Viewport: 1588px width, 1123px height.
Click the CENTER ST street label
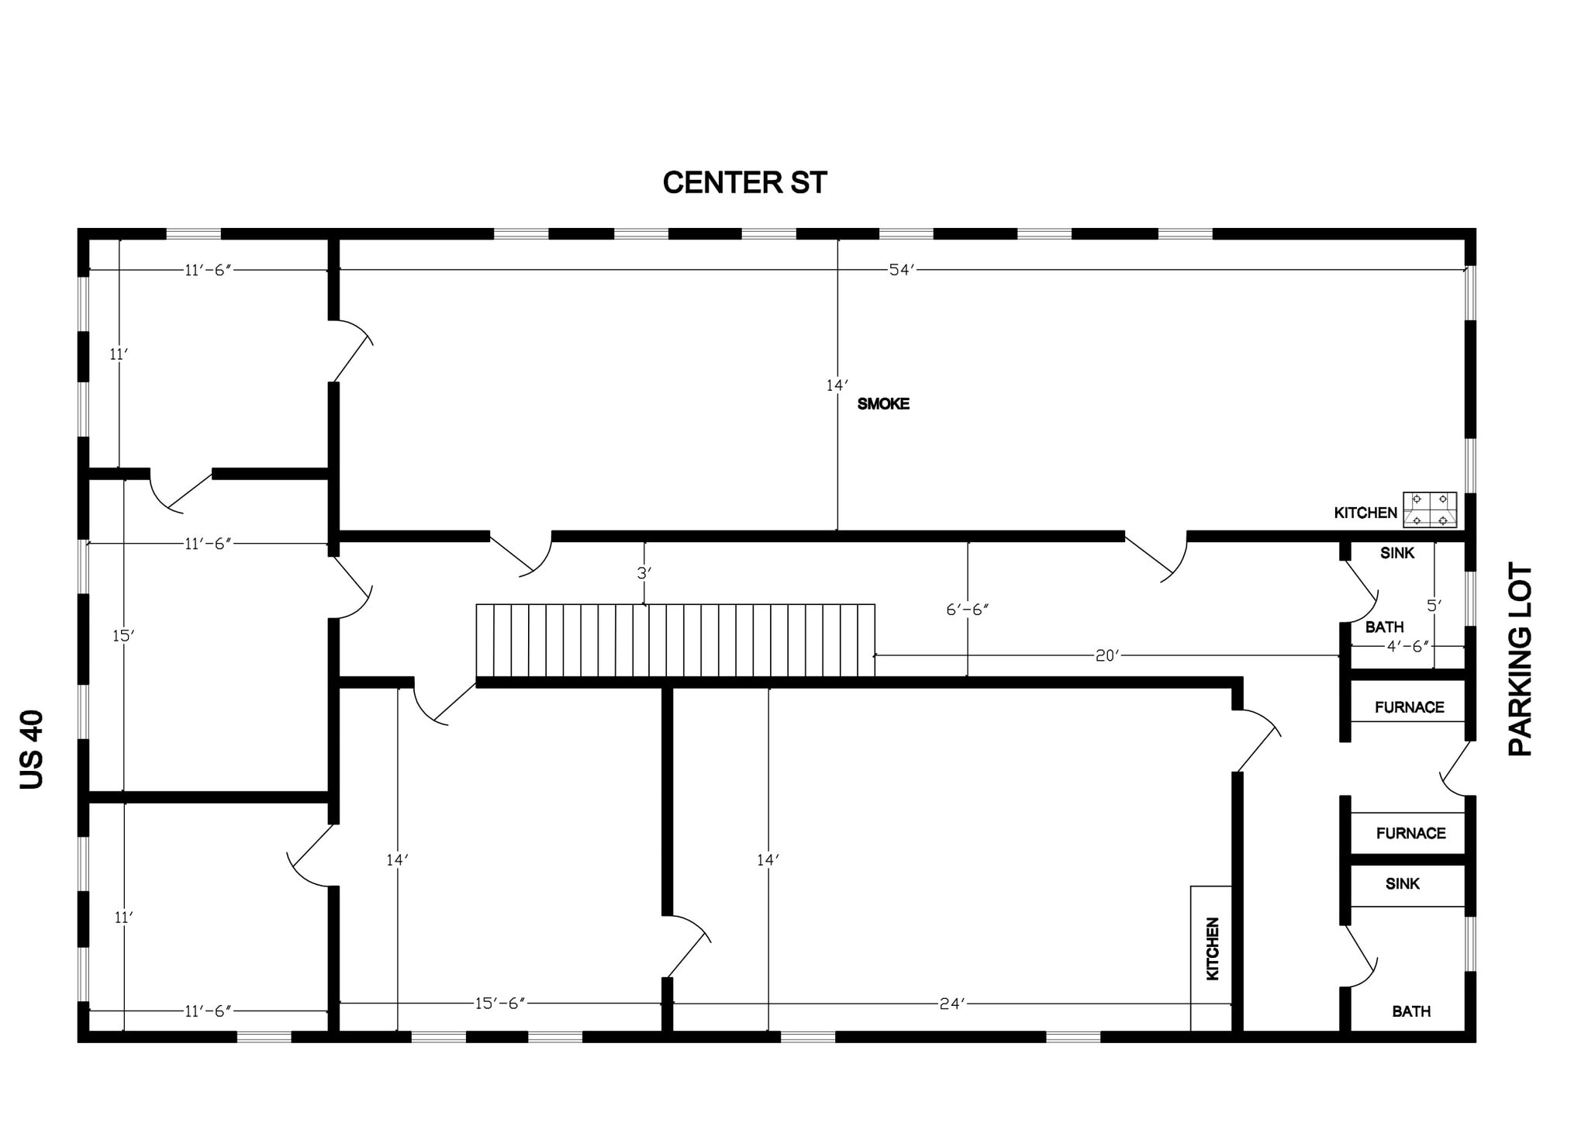[744, 183]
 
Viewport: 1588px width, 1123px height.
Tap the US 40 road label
[33, 749]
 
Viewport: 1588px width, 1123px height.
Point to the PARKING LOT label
[1520, 659]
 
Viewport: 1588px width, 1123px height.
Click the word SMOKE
[883, 404]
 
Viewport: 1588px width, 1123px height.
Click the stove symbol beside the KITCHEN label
[1430, 510]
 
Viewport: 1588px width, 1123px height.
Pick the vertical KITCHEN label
[1213, 949]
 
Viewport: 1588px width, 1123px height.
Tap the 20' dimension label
[1107, 656]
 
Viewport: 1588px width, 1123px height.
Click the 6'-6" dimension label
[968, 610]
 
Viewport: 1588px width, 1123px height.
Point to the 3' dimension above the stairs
[644, 573]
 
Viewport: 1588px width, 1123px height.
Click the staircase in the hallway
[675, 641]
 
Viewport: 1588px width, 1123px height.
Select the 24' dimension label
[952, 1004]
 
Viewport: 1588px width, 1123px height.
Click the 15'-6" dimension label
[500, 1004]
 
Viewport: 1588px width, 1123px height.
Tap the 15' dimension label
[124, 636]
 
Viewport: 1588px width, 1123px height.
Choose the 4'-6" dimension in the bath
[1408, 647]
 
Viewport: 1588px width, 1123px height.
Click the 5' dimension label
[1434, 606]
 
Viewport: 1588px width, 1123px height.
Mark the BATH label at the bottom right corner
[1411, 1011]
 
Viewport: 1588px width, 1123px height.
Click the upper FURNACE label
[1410, 707]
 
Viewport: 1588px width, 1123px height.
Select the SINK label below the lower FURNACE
[1403, 883]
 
